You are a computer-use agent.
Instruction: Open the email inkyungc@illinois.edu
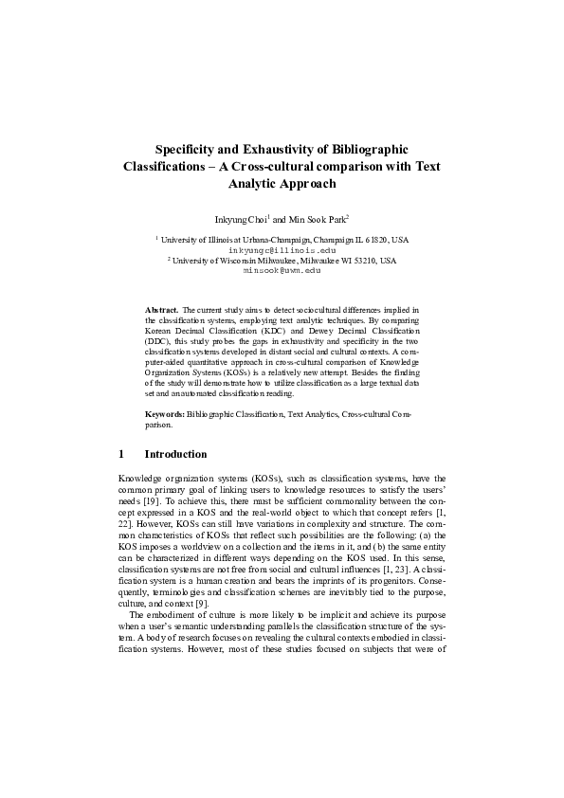pos(282,249)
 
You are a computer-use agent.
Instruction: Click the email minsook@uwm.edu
pos(282,269)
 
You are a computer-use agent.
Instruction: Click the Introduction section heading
pos(175,454)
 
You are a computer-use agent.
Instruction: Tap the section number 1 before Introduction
pos(121,454)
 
